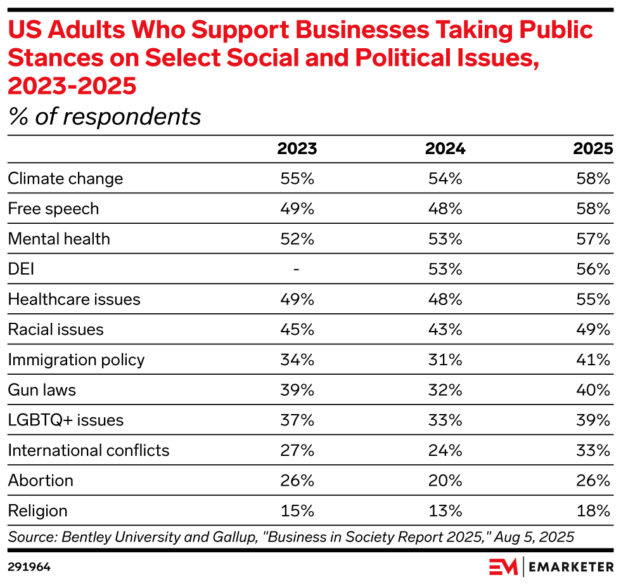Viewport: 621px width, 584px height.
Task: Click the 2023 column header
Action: (297, 149)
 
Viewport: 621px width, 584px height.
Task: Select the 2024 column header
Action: (445, 149)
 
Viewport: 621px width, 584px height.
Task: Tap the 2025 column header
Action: (593, 149)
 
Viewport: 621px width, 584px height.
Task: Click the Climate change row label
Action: (65, 179)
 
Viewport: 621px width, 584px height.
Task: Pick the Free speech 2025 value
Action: (594, 209)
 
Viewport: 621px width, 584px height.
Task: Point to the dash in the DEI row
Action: (297, 269)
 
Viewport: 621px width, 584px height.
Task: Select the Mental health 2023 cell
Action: (297, 239)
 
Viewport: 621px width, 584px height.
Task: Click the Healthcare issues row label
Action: (74, 299)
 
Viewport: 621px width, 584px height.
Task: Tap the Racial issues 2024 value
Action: (445, 330)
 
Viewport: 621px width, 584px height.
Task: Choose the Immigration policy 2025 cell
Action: (594, 360)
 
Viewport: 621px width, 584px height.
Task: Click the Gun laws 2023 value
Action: (297, 390)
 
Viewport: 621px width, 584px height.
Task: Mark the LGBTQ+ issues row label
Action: (66, 420)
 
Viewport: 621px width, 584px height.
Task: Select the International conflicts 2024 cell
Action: (445, 450)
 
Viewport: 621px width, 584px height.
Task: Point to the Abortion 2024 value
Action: (445, 481)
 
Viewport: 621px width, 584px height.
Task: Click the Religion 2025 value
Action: (594, 511)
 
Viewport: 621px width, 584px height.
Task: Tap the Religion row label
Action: (37, 511)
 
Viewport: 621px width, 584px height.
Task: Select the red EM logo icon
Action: (503, 565)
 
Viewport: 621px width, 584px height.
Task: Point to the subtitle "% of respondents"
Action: (105, 117)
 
